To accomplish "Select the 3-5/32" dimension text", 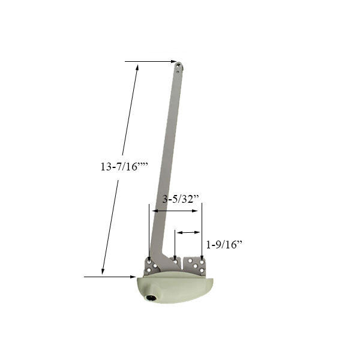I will (x=181, y=200).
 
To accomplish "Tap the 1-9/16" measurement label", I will (x=224, y=244).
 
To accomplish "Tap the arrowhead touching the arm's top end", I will (x=173, y=61).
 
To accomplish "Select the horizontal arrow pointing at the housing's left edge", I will (x=110, y=277).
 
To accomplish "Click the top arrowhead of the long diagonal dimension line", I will (x=137, y=68).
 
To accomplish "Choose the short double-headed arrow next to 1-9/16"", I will (x=188, y=232).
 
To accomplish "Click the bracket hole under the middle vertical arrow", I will (x=175, y=262).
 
